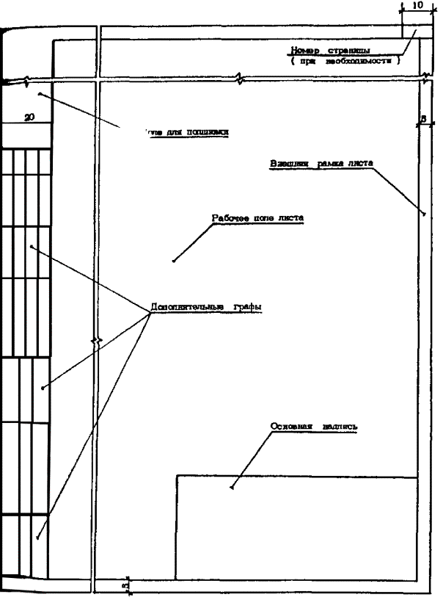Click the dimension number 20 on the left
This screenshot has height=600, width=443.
(29, 117)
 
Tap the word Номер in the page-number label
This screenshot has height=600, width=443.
(304, 51)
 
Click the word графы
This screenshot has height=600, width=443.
(248, 306)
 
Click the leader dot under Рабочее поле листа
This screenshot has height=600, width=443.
(174, 260)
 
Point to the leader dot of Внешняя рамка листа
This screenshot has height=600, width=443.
(425, 214)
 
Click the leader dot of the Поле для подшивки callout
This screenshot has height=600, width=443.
(39, 93)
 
